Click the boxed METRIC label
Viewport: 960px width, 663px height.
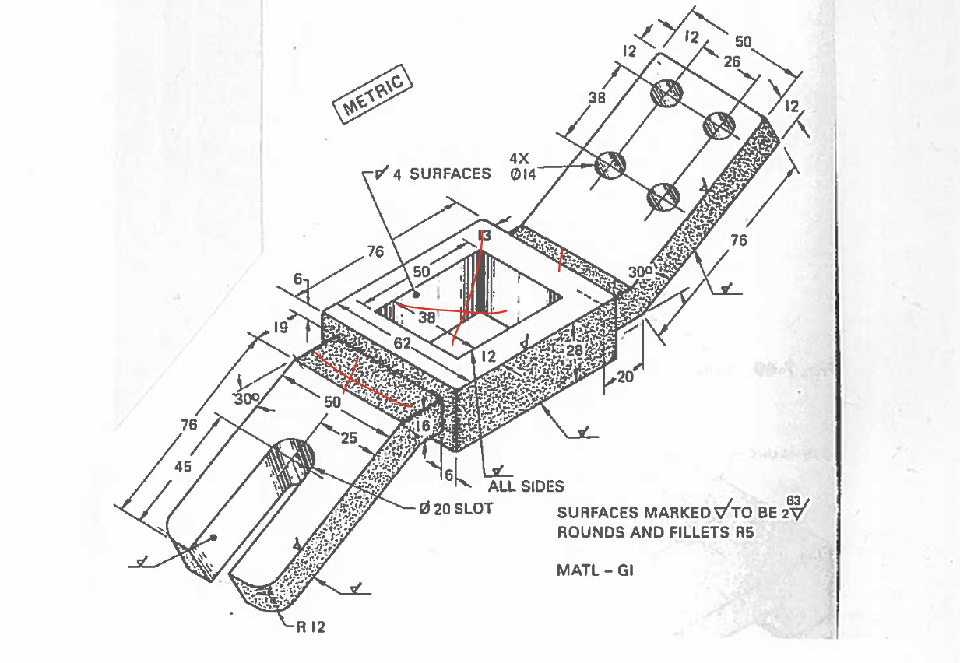373,97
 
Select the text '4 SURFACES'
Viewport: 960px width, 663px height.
441,174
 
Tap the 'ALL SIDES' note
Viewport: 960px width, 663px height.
526,486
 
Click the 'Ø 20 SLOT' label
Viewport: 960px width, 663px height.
455,508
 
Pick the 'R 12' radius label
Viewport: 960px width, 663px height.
310,626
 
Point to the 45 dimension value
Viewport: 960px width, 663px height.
182,466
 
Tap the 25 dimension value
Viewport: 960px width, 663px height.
349,438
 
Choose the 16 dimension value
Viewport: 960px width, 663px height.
422,426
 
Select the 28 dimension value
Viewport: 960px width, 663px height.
575,350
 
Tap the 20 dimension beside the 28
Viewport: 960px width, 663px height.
625,377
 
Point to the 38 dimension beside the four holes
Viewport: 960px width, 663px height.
596,99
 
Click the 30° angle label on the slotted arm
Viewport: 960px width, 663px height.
246,399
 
